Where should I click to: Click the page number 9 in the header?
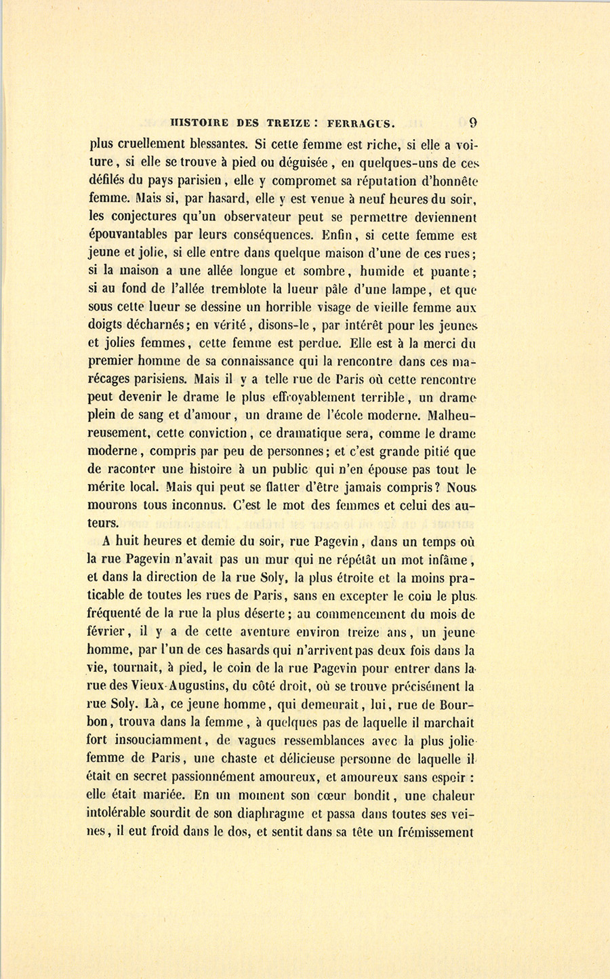tap(473, 123)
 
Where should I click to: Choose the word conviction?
tap(202, 433)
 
